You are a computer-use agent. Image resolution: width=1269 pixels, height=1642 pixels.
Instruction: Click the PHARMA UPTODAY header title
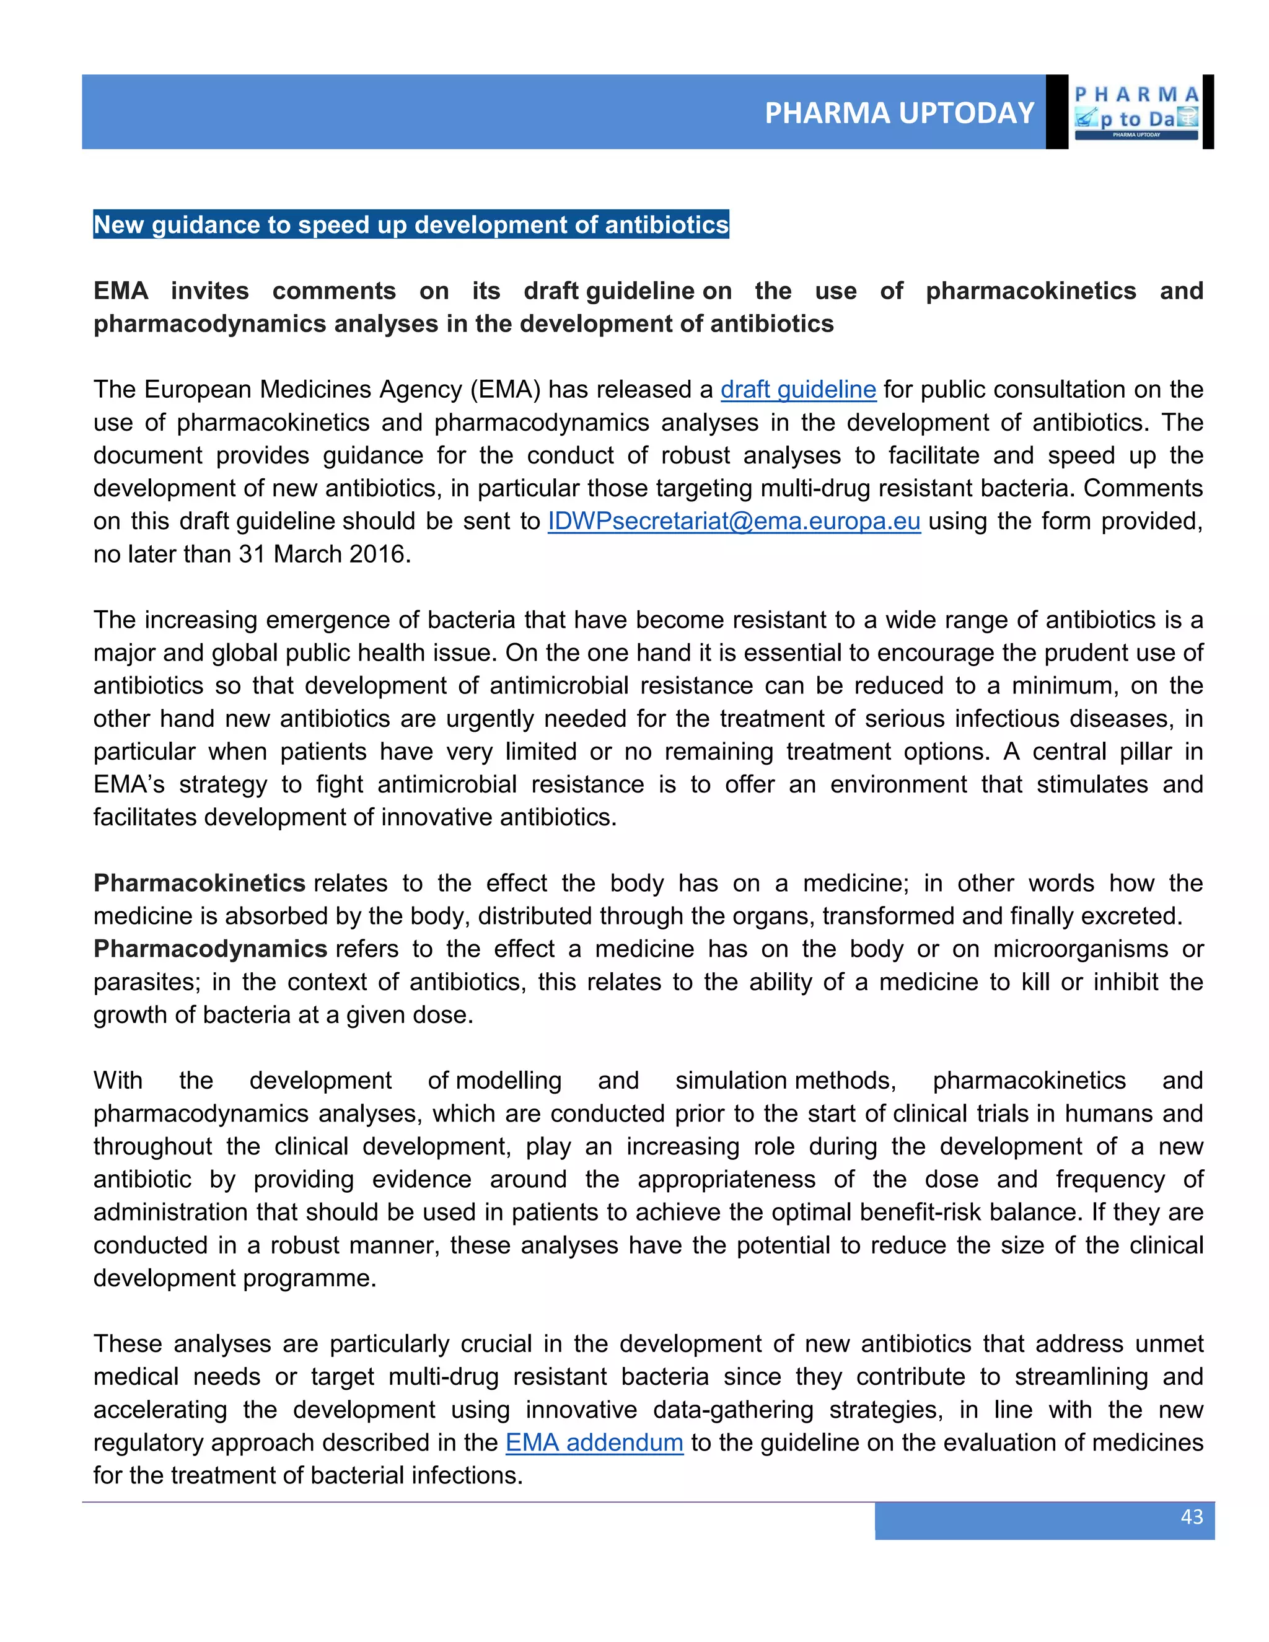(899, 113)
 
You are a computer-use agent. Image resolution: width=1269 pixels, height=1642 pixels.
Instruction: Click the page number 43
(1192, 1516)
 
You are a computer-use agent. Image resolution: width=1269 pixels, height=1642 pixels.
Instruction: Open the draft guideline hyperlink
(797, 390)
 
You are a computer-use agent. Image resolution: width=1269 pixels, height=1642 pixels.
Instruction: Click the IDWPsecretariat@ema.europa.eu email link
(734, 521)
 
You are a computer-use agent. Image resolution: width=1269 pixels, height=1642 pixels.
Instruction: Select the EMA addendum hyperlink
(594, 1442)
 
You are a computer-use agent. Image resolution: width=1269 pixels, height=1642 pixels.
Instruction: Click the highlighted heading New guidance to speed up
(410, 225)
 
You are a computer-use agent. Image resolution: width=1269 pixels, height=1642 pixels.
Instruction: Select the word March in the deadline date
(304, 554)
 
